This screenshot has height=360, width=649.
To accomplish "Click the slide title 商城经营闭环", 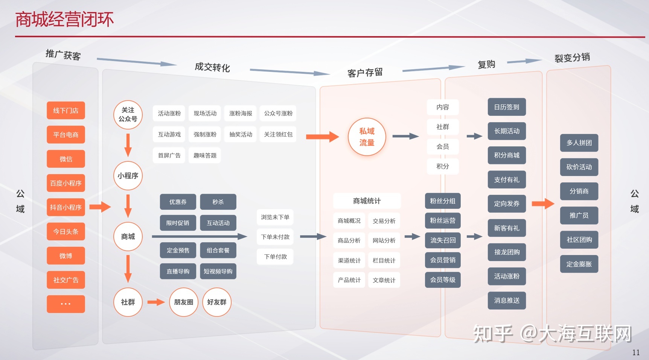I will click(x=64, y=20).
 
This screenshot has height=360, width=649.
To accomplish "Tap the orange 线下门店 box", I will click(x=66, y=111).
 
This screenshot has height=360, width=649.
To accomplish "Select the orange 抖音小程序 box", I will click(x=66, y=207).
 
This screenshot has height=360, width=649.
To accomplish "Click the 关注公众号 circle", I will click(x=128, y=115).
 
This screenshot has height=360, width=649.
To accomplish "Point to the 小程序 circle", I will click(x=128, y=176).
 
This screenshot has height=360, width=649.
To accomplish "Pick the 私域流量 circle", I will click(x=367, y=137).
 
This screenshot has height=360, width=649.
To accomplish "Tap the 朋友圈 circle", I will click(x=184, y=302).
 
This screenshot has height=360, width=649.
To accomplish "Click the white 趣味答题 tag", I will click(x=205, y=155).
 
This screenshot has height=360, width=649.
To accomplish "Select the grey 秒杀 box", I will click(x=218, y=202).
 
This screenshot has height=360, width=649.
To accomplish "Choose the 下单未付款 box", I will click(x=275, y=237).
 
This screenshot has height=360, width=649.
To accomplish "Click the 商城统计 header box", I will click(x=367, y=201).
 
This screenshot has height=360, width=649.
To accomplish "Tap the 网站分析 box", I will click(x=384, y=241).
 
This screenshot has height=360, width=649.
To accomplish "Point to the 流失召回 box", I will click(x=443, y=240).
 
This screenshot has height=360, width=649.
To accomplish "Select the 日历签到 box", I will click(x=507, y=107).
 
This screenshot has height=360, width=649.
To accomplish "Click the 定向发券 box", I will click(x=507, y=204).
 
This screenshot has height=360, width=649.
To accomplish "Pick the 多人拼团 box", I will click(x=579, y=143).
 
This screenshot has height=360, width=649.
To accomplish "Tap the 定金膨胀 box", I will click(x=579, y=264).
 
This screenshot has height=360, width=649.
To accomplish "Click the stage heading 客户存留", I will click(x=365, y=73).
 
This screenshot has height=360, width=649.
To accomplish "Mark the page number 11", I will click(x=636, y=352).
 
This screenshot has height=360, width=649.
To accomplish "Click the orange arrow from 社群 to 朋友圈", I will click(x=156, y=302).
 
